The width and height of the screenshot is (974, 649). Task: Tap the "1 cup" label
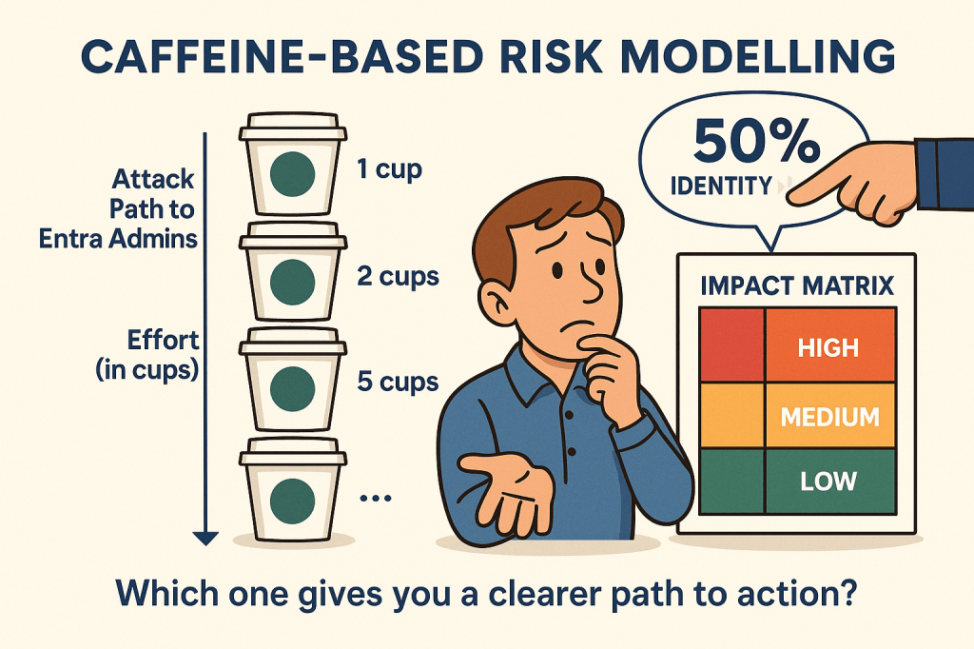[389, 169]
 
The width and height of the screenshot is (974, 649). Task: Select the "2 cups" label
[398, 277]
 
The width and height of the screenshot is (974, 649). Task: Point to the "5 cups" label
[398, 382]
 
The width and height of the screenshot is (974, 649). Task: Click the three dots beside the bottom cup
[376, 498]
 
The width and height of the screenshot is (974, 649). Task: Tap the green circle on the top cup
[292, 173]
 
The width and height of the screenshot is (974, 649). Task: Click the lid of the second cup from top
[293, 237]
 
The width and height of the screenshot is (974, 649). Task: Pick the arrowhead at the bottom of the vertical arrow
[205, 539]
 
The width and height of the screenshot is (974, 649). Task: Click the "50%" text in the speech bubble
[756, 141]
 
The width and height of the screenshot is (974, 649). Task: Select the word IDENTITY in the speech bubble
[721, 186]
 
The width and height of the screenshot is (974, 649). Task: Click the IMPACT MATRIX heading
[797, 285]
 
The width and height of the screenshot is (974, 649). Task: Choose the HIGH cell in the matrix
[830, 345]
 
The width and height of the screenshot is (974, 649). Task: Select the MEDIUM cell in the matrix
[830, 415]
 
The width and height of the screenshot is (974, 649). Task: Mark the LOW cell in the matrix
[830, 482]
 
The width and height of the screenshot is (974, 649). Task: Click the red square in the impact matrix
[731, 345]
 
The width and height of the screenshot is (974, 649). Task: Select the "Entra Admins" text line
[118, 239]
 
